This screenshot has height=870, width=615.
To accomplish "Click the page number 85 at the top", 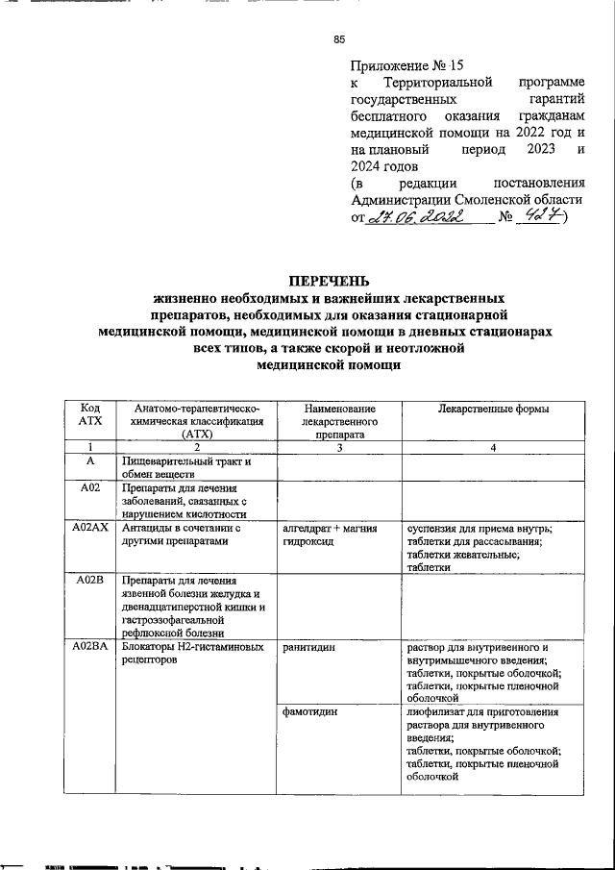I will point(338,39).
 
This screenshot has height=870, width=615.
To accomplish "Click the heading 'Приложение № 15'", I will point(407,66).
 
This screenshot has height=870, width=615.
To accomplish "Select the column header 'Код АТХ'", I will point(89,416).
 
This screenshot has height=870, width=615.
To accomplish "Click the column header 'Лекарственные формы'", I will point(480,410).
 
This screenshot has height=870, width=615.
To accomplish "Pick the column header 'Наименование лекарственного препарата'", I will point(338,421).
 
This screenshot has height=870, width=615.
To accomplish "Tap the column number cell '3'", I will point(338,447).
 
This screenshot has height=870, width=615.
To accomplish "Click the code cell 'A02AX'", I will point(89,529).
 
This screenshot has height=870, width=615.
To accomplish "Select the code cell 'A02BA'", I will point(89,648).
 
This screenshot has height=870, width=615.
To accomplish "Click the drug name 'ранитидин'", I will point(307,648).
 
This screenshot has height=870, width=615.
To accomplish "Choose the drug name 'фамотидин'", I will point(309,713).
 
